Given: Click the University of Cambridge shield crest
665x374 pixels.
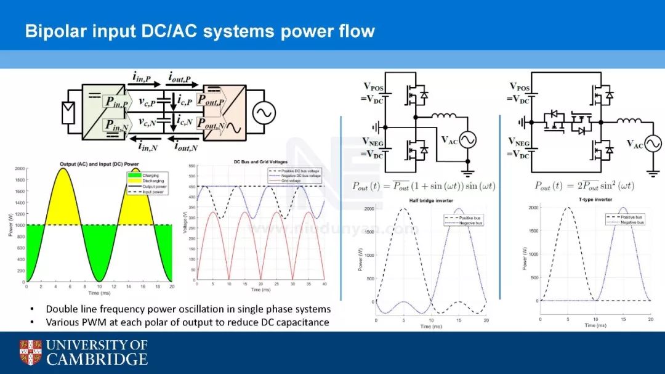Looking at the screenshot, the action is tap(30, 352).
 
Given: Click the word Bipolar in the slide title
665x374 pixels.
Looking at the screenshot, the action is tap(54, 31).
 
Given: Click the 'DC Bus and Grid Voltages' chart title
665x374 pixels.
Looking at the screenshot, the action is tap(264, 161).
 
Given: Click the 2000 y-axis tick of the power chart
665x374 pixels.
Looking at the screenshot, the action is tap(18, 169).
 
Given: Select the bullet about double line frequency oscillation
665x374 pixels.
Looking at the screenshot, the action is tap(188, 309).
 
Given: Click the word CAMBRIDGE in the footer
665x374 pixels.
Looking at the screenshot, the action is tap(97, 359).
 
